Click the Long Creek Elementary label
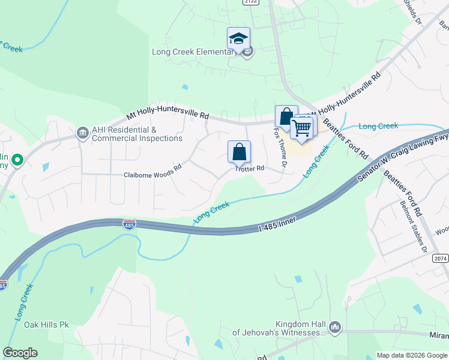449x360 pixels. point(194,52)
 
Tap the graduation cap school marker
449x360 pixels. point(238,38)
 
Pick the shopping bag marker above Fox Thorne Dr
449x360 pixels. point(286,116)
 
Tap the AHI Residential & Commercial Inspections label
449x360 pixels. point(137,134)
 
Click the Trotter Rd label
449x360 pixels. point(250,169)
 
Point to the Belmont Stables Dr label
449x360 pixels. point(413,226)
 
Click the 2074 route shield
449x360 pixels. point(441,258)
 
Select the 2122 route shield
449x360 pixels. point(251,2)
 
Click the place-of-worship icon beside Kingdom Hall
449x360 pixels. point(335,328)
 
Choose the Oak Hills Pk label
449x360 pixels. point(47,325)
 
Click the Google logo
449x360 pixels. point(20,353)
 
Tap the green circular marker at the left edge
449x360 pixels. point(17,160)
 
